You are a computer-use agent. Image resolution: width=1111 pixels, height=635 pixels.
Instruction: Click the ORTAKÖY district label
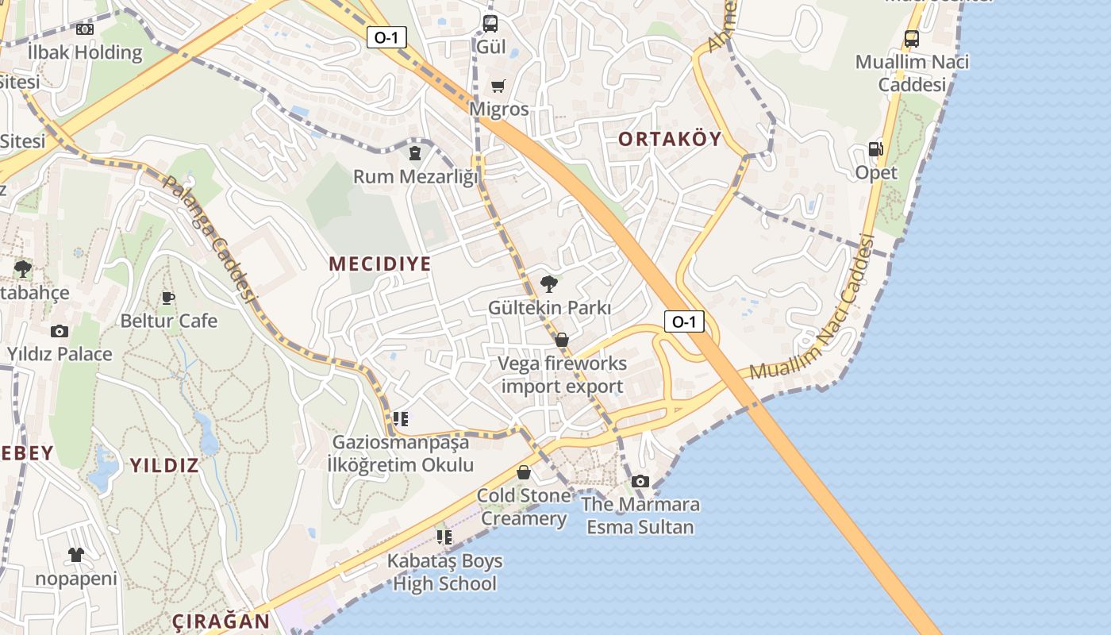[670, 140]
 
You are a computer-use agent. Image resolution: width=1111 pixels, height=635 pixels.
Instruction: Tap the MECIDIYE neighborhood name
[380, 264]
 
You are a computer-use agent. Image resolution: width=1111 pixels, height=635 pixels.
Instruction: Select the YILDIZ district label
[164, 465]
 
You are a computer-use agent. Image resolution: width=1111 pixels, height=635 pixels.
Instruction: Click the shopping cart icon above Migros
[498, 87]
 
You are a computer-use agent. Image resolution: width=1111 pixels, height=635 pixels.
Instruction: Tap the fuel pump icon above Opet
[875, 149]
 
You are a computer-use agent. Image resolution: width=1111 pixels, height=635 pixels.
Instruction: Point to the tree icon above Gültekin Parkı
[548, 284]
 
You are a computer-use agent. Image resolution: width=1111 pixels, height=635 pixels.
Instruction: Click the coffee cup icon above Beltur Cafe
[168, 298]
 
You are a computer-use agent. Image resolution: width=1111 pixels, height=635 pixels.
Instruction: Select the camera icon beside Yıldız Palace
[59, 332]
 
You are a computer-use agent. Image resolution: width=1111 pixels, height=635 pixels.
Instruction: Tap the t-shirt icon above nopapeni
[75, 555]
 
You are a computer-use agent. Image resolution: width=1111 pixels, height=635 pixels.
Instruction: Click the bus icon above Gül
[490, 24]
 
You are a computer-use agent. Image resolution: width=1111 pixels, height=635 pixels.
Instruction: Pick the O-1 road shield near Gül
[387, 37]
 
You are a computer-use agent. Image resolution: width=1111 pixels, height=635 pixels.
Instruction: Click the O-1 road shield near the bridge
[684, 321]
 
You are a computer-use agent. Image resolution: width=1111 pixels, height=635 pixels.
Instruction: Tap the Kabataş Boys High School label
[444, 572]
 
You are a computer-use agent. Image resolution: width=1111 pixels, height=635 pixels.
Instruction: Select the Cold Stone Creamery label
[524, 507]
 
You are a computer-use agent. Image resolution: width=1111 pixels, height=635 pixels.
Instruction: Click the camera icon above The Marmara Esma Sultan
[640, 481]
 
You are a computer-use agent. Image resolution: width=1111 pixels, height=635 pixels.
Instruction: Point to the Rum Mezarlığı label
[416, 176]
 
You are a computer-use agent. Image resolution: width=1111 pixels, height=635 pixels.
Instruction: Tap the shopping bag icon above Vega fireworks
[562, 341]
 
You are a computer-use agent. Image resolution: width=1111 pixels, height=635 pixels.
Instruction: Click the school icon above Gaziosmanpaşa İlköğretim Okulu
[401, 419]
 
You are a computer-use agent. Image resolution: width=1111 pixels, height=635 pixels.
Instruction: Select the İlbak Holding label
[85, 53]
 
